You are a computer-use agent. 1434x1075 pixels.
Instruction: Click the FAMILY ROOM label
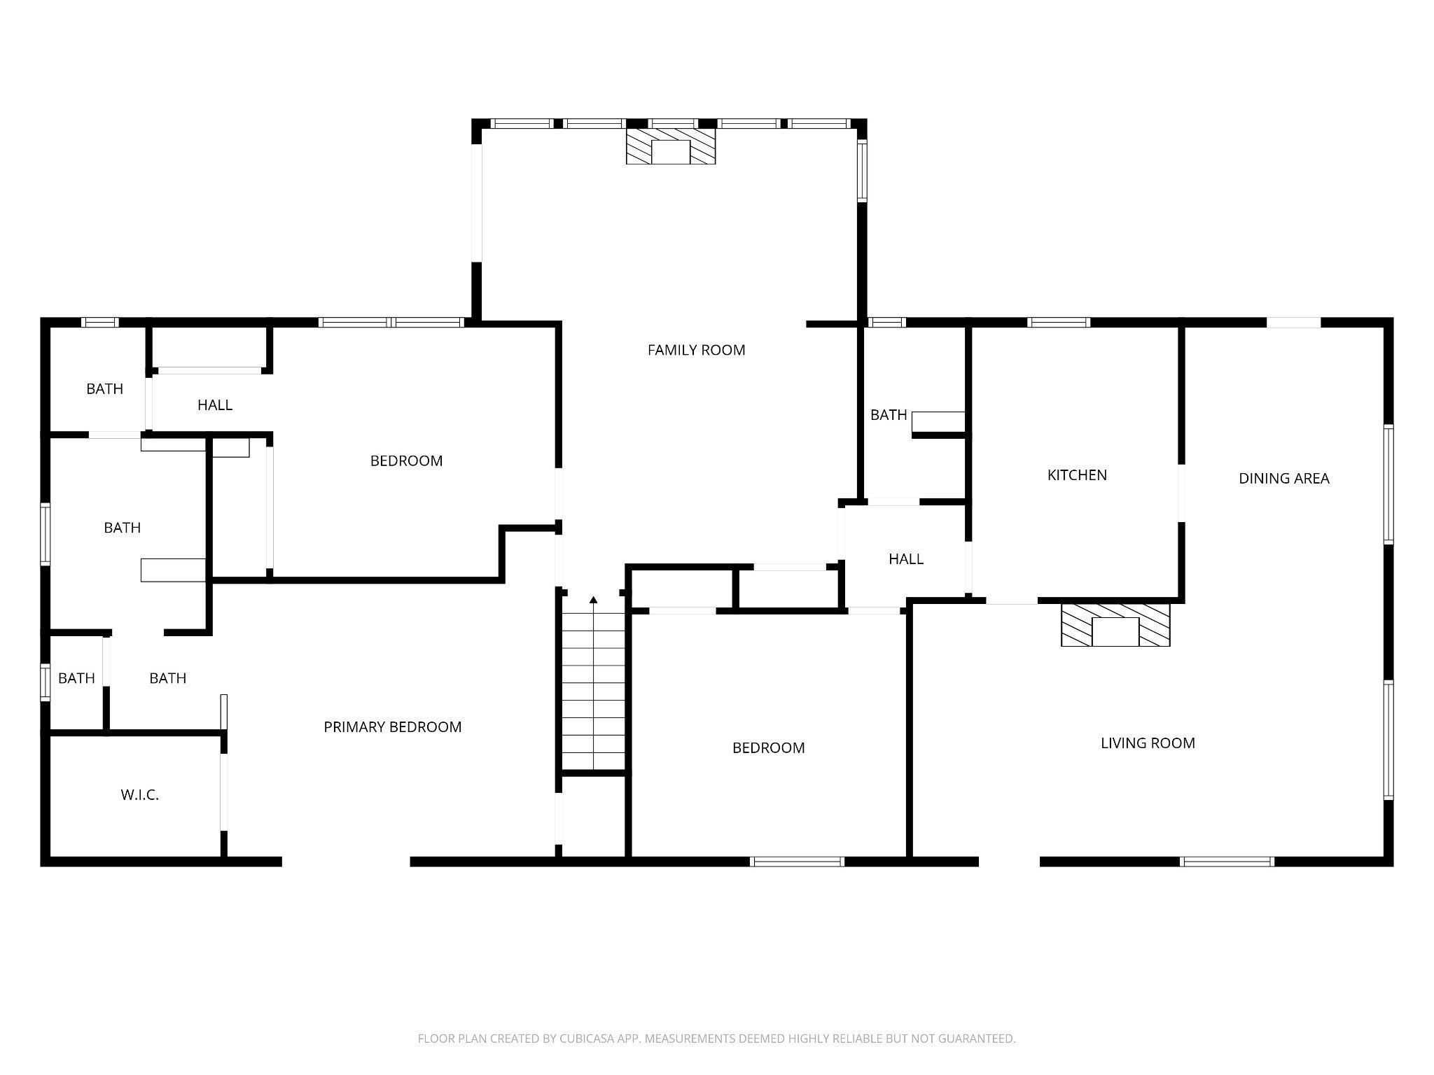pos(696,350)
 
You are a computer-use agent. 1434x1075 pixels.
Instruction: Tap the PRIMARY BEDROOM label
pos(392,727)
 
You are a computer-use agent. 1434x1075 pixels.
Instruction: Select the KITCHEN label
pos(1077,475)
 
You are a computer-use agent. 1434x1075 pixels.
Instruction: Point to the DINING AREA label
pos(1283,479)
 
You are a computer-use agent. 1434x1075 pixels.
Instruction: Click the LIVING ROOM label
pos(1148,743)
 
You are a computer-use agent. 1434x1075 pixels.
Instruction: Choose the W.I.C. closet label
pos(139,795)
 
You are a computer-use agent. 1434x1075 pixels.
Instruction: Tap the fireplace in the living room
pos(1115,625)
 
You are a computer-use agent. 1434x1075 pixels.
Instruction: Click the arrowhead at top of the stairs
pos(594,599)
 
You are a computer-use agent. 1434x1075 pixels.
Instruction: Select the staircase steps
pos(594,691)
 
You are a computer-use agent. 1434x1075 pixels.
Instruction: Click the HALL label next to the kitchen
pos(906,559)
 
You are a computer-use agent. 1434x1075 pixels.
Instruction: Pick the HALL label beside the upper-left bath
pos(215,405)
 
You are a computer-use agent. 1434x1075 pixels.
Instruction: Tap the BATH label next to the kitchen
pos(889,415)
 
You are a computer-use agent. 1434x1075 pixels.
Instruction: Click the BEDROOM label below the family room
pos(768,748)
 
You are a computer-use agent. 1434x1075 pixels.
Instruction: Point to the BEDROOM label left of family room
pos(406,461)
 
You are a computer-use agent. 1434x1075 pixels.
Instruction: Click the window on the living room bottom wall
pos(1227,862)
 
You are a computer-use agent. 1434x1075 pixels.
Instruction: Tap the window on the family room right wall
pos(862,171)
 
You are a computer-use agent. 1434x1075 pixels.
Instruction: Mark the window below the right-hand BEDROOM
pos(798,862)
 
